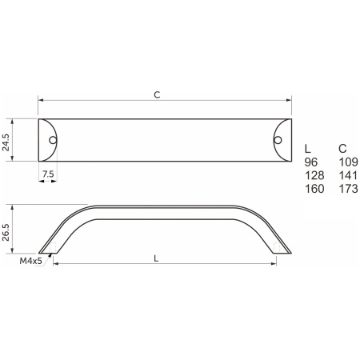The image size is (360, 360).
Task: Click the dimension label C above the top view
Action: pos(157,94)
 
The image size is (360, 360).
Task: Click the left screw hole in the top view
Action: pos(53,140)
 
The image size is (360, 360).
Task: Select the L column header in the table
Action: pos(308,149)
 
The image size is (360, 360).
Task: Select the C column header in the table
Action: pos(342,149)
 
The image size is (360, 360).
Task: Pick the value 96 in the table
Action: pos(312,162)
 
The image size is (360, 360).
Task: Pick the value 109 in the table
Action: pos(348,162)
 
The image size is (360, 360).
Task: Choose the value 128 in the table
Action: pos(314,175)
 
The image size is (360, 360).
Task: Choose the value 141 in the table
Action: pos(348,175)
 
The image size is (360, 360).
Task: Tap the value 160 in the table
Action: pos(314,189)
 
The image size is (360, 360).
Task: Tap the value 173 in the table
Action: pos(348,189)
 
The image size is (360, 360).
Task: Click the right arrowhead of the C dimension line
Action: pos(288,101)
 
